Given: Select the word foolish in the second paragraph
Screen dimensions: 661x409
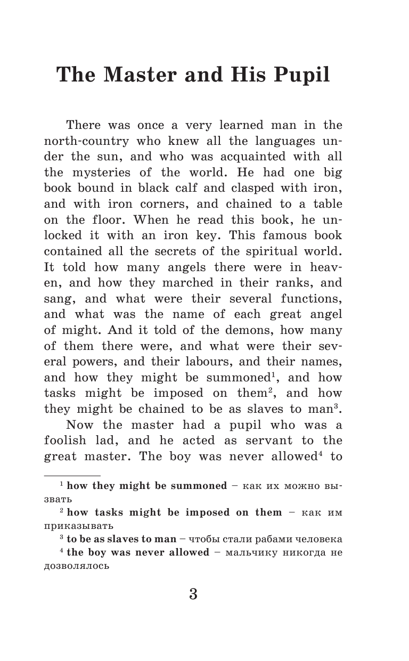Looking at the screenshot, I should pos(69,441).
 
